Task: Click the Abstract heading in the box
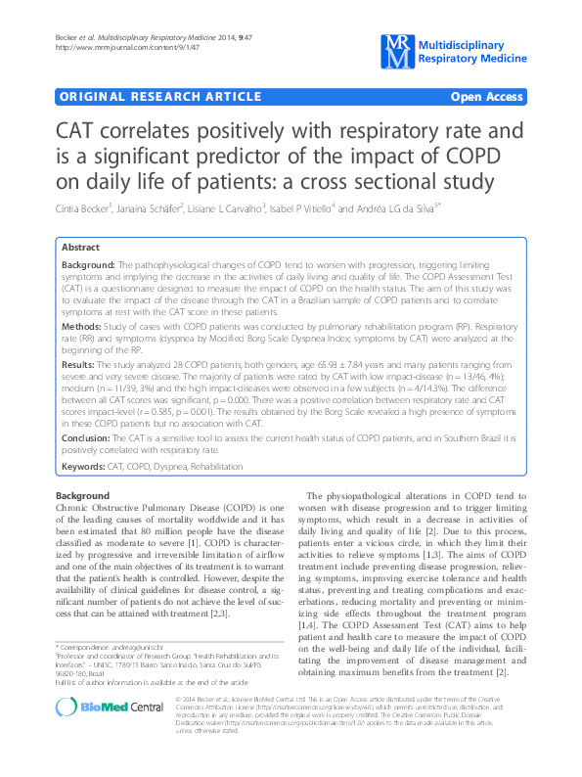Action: pos(81,249)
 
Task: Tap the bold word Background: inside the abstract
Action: pos(87,266)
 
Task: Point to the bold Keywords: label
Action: pos(83,469)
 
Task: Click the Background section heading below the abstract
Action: pos(82,496)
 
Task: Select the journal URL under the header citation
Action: pos(103,48)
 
